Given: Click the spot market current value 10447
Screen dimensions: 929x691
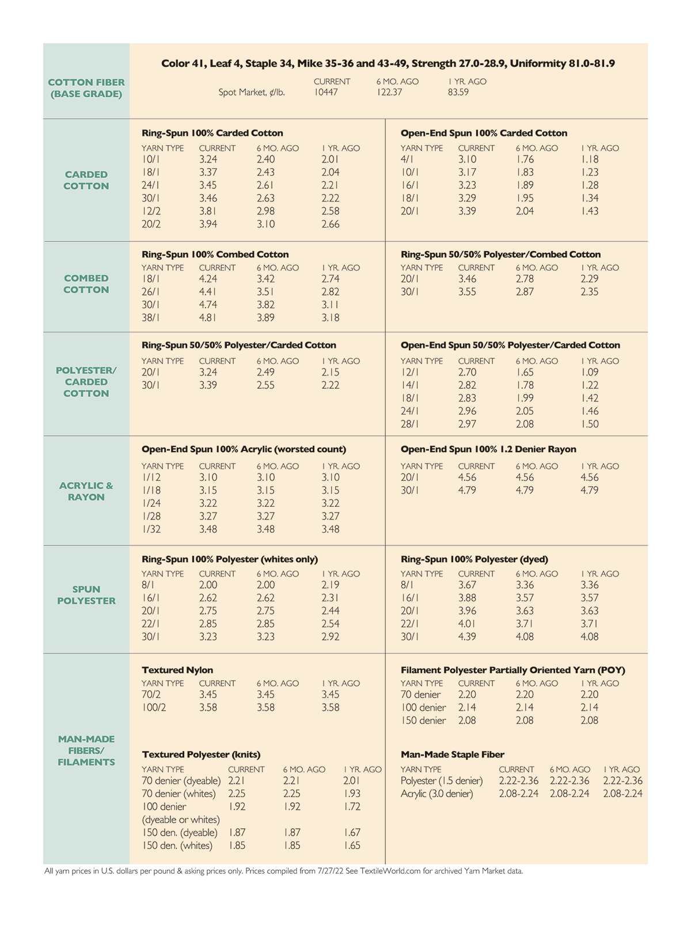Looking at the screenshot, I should (x=326, y=92).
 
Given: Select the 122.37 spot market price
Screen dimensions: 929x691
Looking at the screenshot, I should (x=389, y=92).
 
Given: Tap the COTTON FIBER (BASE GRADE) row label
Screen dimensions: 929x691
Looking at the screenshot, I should (x=86, y=88).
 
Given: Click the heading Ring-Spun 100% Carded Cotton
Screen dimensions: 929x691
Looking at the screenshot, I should (x=212, y=133).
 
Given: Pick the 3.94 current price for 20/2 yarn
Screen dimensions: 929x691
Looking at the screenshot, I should (x=208, y=224).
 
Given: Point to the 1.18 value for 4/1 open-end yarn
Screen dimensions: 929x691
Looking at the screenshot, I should (x=590, y=160).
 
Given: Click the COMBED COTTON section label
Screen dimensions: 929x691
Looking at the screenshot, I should (x=86, y=284).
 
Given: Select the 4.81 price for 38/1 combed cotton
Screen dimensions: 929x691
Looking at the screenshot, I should (x=208, y=317).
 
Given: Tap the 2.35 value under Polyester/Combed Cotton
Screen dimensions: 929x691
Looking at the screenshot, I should (x=590, y=292).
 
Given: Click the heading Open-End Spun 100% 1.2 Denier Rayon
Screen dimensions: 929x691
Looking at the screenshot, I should (x=488, y=449).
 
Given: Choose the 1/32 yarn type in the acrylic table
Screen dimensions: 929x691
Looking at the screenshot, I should (x=151, y=529).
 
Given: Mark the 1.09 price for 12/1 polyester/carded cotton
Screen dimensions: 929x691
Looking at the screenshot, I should (x=590, y=373).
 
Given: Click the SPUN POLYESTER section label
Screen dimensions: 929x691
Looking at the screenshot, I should (x=86, y=595).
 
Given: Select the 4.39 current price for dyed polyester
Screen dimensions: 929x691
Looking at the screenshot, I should (x=467, y=637).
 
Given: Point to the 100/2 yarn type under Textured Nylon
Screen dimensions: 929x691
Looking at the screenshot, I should (x=154, y=708).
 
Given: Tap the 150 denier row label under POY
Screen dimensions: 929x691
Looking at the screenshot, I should (x=423, y=721).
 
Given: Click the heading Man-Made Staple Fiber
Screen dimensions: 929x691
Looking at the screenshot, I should (x=453, y=754).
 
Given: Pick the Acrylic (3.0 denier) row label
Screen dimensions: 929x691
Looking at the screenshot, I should (x=437, y=794).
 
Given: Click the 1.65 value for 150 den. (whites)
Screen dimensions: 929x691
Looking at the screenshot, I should (x=351, y=845).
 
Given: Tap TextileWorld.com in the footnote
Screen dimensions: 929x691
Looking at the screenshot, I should (x=390, y=871).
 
